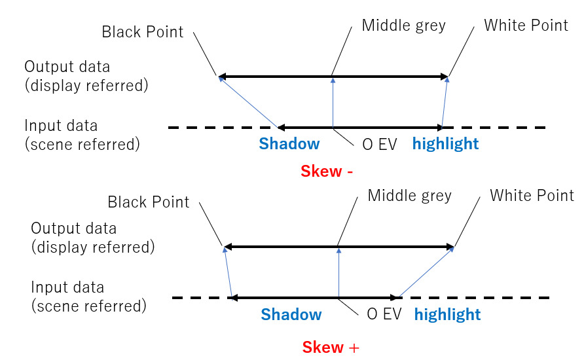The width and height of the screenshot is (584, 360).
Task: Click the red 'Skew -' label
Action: [x=327, y=171]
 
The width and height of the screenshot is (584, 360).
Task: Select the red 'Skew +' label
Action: [x=331, y=347]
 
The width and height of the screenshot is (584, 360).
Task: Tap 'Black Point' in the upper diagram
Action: [x=143, y=32]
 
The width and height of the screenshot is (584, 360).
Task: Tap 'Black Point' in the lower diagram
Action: [x=148, y=202]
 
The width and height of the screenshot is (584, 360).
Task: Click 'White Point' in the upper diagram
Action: [x=526, y=26]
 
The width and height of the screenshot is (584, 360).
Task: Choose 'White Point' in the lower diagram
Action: [x=532, y=195]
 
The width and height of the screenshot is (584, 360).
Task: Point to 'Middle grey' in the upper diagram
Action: [x=403, y=26]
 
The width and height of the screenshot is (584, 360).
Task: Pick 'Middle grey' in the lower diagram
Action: [x=409, y=195]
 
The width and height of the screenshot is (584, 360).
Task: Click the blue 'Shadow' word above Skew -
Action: [x=289, y=144]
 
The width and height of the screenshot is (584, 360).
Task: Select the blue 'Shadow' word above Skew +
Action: [x=291, y=315]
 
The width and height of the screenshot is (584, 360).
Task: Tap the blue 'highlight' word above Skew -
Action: [x=445, y=144]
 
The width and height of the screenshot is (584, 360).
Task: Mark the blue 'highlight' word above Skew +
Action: [x=447, y=315]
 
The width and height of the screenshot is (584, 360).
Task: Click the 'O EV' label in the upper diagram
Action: [x=380, y=144]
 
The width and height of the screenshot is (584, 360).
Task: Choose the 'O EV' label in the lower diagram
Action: [x=384, y=315]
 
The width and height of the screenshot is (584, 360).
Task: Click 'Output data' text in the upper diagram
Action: [x=67, y=67]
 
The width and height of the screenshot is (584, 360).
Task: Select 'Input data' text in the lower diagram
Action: [x=68, y=287]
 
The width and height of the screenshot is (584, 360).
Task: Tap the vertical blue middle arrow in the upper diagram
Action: [x=333, y=103]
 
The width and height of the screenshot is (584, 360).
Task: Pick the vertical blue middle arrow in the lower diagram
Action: [x=338, y=273]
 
